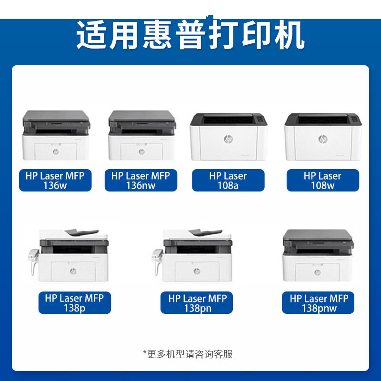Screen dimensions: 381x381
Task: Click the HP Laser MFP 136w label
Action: tap(55, 180)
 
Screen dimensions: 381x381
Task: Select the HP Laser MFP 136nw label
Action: tap(141, 180)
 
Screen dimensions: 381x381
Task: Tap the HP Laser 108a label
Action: tap(228, 180)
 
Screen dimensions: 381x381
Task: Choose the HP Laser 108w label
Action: tap(323, 180)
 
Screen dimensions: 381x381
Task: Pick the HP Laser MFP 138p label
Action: tap(75, 303)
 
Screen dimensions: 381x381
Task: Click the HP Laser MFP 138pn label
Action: tap(197, 303)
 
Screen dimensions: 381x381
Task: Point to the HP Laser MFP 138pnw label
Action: tap(318, 303)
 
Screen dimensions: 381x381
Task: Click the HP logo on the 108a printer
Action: tap(228, 139)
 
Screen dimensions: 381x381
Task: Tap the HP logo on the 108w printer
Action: tap(323, 139)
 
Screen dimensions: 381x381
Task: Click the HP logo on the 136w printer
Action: tap(56, 152)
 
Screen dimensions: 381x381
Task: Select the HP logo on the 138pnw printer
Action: tap(317, 272)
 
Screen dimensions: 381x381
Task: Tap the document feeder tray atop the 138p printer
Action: tap(81, 232)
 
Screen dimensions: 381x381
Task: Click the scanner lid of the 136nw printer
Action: tap(142, 116)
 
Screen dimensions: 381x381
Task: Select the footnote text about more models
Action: tap(188, 354)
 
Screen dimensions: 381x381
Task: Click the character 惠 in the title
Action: tap(158, 34)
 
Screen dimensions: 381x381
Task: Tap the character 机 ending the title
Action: tap(289, 34)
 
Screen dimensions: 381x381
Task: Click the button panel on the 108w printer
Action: tap(355, 120)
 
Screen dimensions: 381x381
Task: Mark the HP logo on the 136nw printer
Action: tap(141, 152)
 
